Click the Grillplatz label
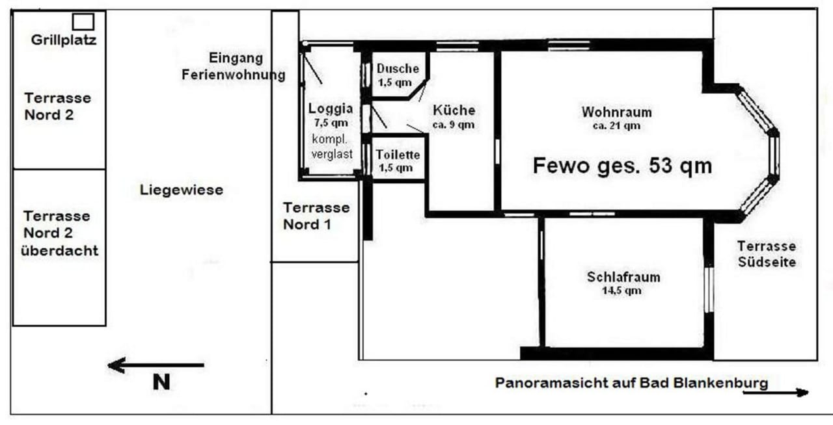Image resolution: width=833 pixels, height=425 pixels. [64, 40]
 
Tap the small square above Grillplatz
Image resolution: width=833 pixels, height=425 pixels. [83, 22]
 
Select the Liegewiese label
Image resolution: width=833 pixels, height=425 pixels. [182, 190]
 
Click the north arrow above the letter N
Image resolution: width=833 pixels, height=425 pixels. [156, 365]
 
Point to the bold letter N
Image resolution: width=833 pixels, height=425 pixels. [161, 382]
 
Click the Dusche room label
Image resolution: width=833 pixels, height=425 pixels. [398, 69]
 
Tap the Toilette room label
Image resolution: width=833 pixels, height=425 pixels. [398, 155]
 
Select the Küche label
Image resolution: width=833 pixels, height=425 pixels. [454, 110]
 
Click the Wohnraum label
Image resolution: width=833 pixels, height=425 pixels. [616, 112]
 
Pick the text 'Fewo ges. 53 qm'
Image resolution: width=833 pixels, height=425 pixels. [622, 166]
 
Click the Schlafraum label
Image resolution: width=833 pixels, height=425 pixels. [623, 277]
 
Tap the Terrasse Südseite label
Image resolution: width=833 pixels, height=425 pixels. [767, 254]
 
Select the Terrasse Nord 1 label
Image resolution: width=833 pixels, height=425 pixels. [316, 216]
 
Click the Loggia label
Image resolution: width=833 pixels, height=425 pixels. [331, 109]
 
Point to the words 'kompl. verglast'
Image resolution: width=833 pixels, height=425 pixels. [332, 147]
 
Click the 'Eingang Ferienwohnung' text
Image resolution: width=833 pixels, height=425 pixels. [234, 66]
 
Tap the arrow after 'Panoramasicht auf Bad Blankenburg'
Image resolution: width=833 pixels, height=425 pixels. [776, 393]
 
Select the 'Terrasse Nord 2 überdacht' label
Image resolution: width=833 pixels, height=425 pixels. [59, 233]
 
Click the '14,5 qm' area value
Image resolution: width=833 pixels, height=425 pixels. [621, 290]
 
